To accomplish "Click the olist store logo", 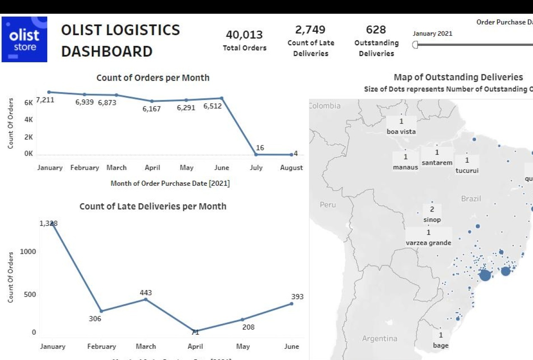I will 24,39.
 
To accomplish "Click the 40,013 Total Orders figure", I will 244,35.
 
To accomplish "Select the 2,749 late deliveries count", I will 310,30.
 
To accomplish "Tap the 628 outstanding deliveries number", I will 376,30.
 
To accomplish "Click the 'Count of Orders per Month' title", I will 153,78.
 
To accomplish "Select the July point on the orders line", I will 256,154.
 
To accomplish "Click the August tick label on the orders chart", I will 291,168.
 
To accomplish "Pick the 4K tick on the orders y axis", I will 29,120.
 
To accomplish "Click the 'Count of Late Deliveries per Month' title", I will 153,206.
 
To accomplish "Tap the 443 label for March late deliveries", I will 145,293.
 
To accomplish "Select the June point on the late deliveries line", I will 291,304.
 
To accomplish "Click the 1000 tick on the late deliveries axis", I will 28,251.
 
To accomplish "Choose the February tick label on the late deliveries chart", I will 101,346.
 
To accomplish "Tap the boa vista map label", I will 401,132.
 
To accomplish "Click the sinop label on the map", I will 432,220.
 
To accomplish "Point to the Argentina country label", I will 379,339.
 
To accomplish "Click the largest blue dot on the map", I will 485,275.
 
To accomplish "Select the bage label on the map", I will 440,345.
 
